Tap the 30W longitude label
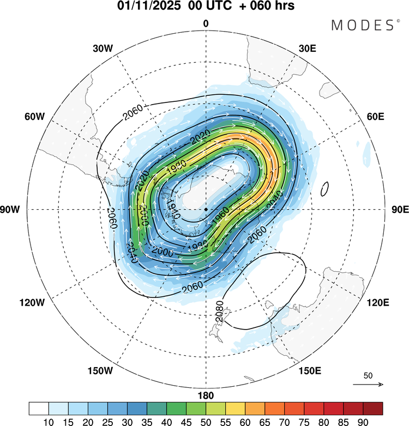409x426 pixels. [102, 48]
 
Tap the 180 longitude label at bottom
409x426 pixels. [206, 395]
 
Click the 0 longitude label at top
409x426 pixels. [206, 23]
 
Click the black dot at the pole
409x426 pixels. [206, 209]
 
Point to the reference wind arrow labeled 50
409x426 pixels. [368, 384]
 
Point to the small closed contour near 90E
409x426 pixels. [325, 189]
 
